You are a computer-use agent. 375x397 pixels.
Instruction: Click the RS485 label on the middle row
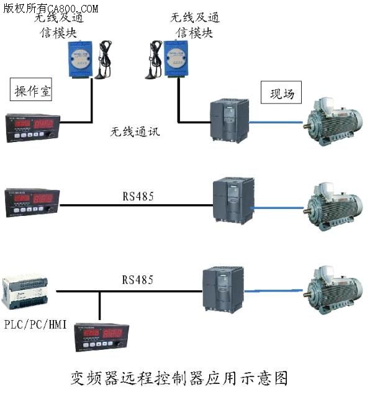pos(137,197)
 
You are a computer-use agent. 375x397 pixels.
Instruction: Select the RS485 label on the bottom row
pos(137,280)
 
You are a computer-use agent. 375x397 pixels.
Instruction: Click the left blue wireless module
pos(78,60)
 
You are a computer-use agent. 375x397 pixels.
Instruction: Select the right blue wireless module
pos(176,60)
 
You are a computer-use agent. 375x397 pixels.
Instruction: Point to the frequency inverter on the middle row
pos(233,199)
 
